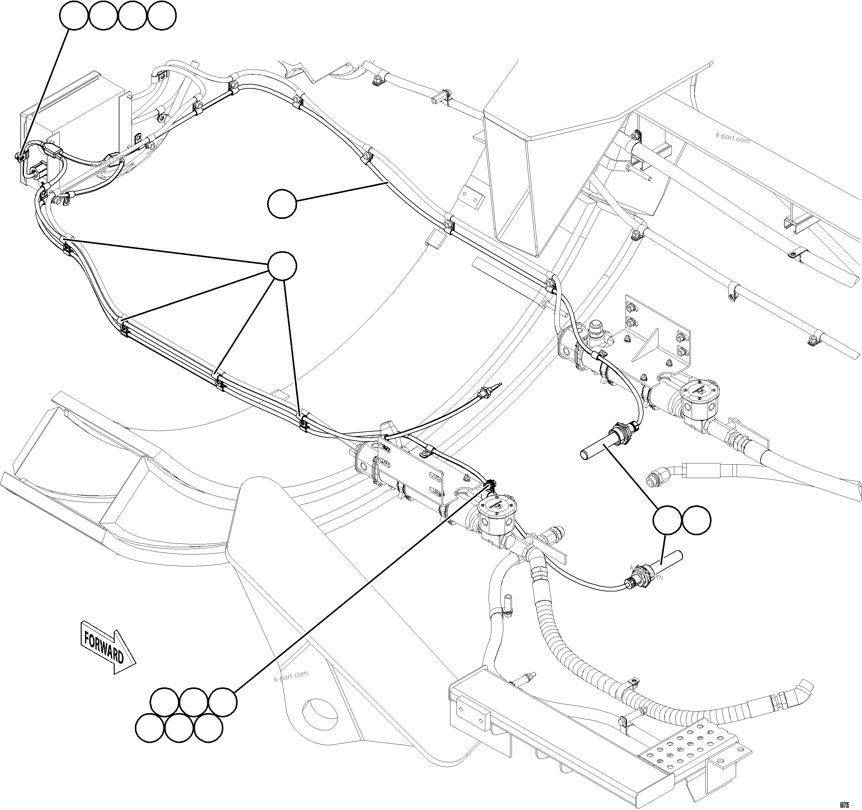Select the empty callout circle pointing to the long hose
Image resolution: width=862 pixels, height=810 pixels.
[282, 204]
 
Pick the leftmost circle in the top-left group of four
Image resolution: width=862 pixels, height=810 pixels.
[74, 16]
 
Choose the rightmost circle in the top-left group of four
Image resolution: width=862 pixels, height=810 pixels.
[162, 16]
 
